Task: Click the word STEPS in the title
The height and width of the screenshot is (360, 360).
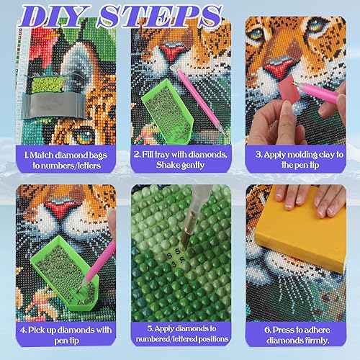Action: [x=160, y=16]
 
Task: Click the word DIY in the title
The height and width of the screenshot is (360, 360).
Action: [x=55, y=16]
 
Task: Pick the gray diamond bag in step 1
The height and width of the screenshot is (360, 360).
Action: [x=53, y=106]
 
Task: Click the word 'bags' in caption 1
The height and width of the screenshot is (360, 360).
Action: [x=98, y=156]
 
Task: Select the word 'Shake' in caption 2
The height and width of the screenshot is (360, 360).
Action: [x=168, y=165]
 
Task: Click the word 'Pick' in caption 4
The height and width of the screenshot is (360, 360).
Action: [x=37, y=330]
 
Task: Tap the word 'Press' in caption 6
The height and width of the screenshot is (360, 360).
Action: [x=283, y=330]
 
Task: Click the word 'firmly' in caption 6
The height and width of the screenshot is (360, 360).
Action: [x=318, y=341]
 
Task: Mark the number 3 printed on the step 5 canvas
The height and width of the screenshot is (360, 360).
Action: [x=175, y=264]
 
